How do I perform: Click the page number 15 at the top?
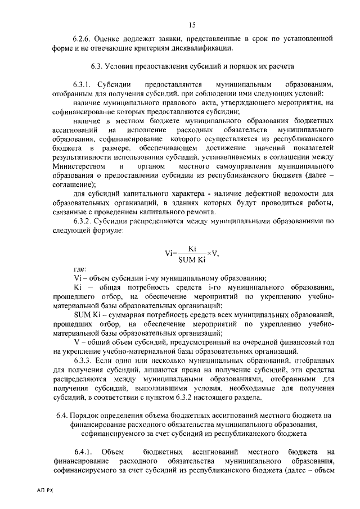pyautogui.click(x=192, y=24)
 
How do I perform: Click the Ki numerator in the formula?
pyautogui.click(x=192, y=247)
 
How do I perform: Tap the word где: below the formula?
pyautogui.click(x=80, y=270)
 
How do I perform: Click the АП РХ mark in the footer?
pyautogui.click(x=37, y=491)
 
